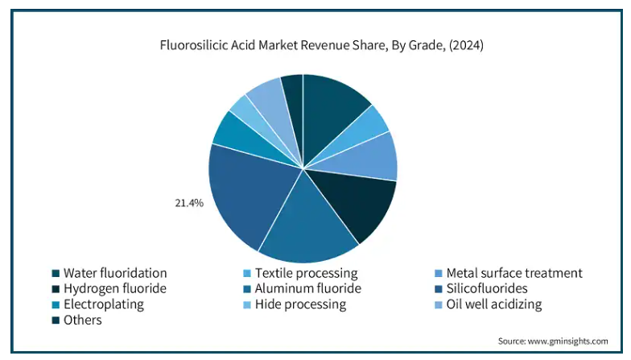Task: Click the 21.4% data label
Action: [x=189, y=203]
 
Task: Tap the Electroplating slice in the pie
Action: [x=231, y=132]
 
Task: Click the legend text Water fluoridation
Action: [x=115, y=273]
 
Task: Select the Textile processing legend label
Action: [x=306, y=273]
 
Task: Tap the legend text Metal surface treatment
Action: [x=513, y=273]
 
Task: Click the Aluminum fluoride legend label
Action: [x=307, y=288]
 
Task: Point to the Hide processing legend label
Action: [x=300, y=304]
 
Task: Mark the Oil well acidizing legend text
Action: [x=494, y=304]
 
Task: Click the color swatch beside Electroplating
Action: [x=56, y=304]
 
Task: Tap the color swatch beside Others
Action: [x=56, y=321]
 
